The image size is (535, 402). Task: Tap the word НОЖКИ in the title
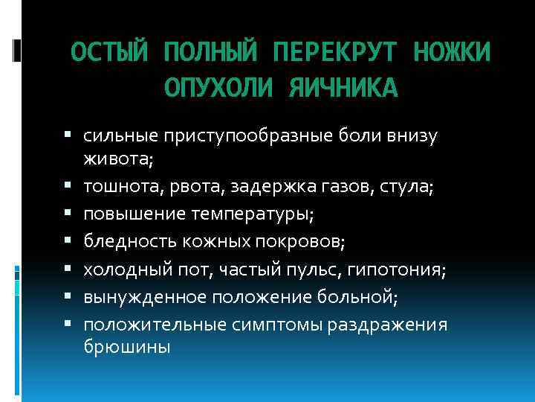[451, 53]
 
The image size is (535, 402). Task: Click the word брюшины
[127, 347]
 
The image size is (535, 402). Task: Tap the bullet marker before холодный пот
[68, 269]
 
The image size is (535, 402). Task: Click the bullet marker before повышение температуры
[68, 214]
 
